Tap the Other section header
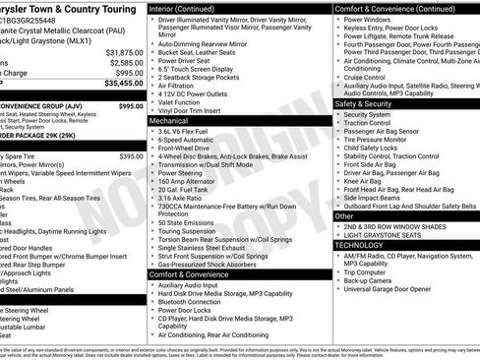tap(345, 215)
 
